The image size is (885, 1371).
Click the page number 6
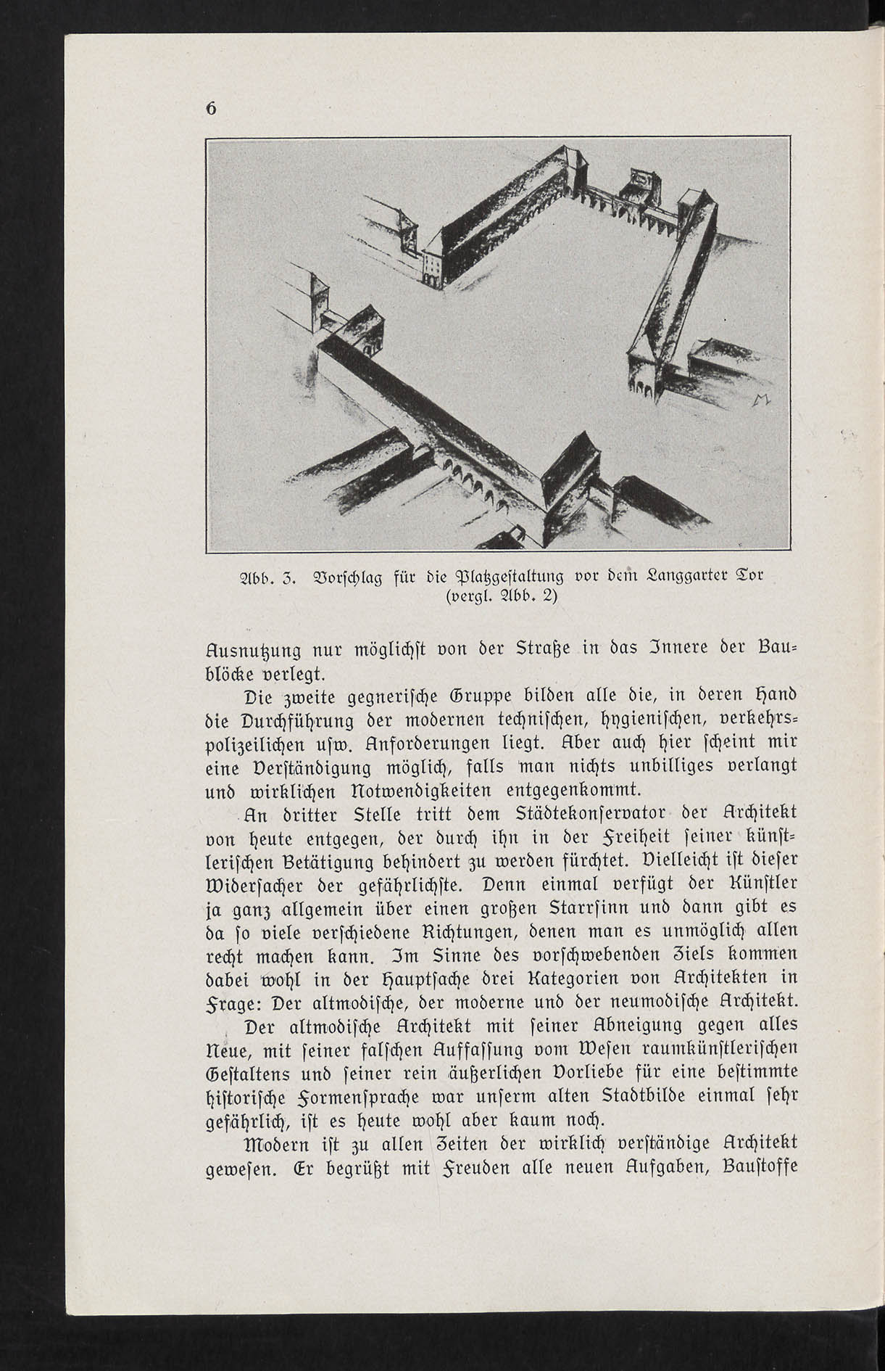212,108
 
